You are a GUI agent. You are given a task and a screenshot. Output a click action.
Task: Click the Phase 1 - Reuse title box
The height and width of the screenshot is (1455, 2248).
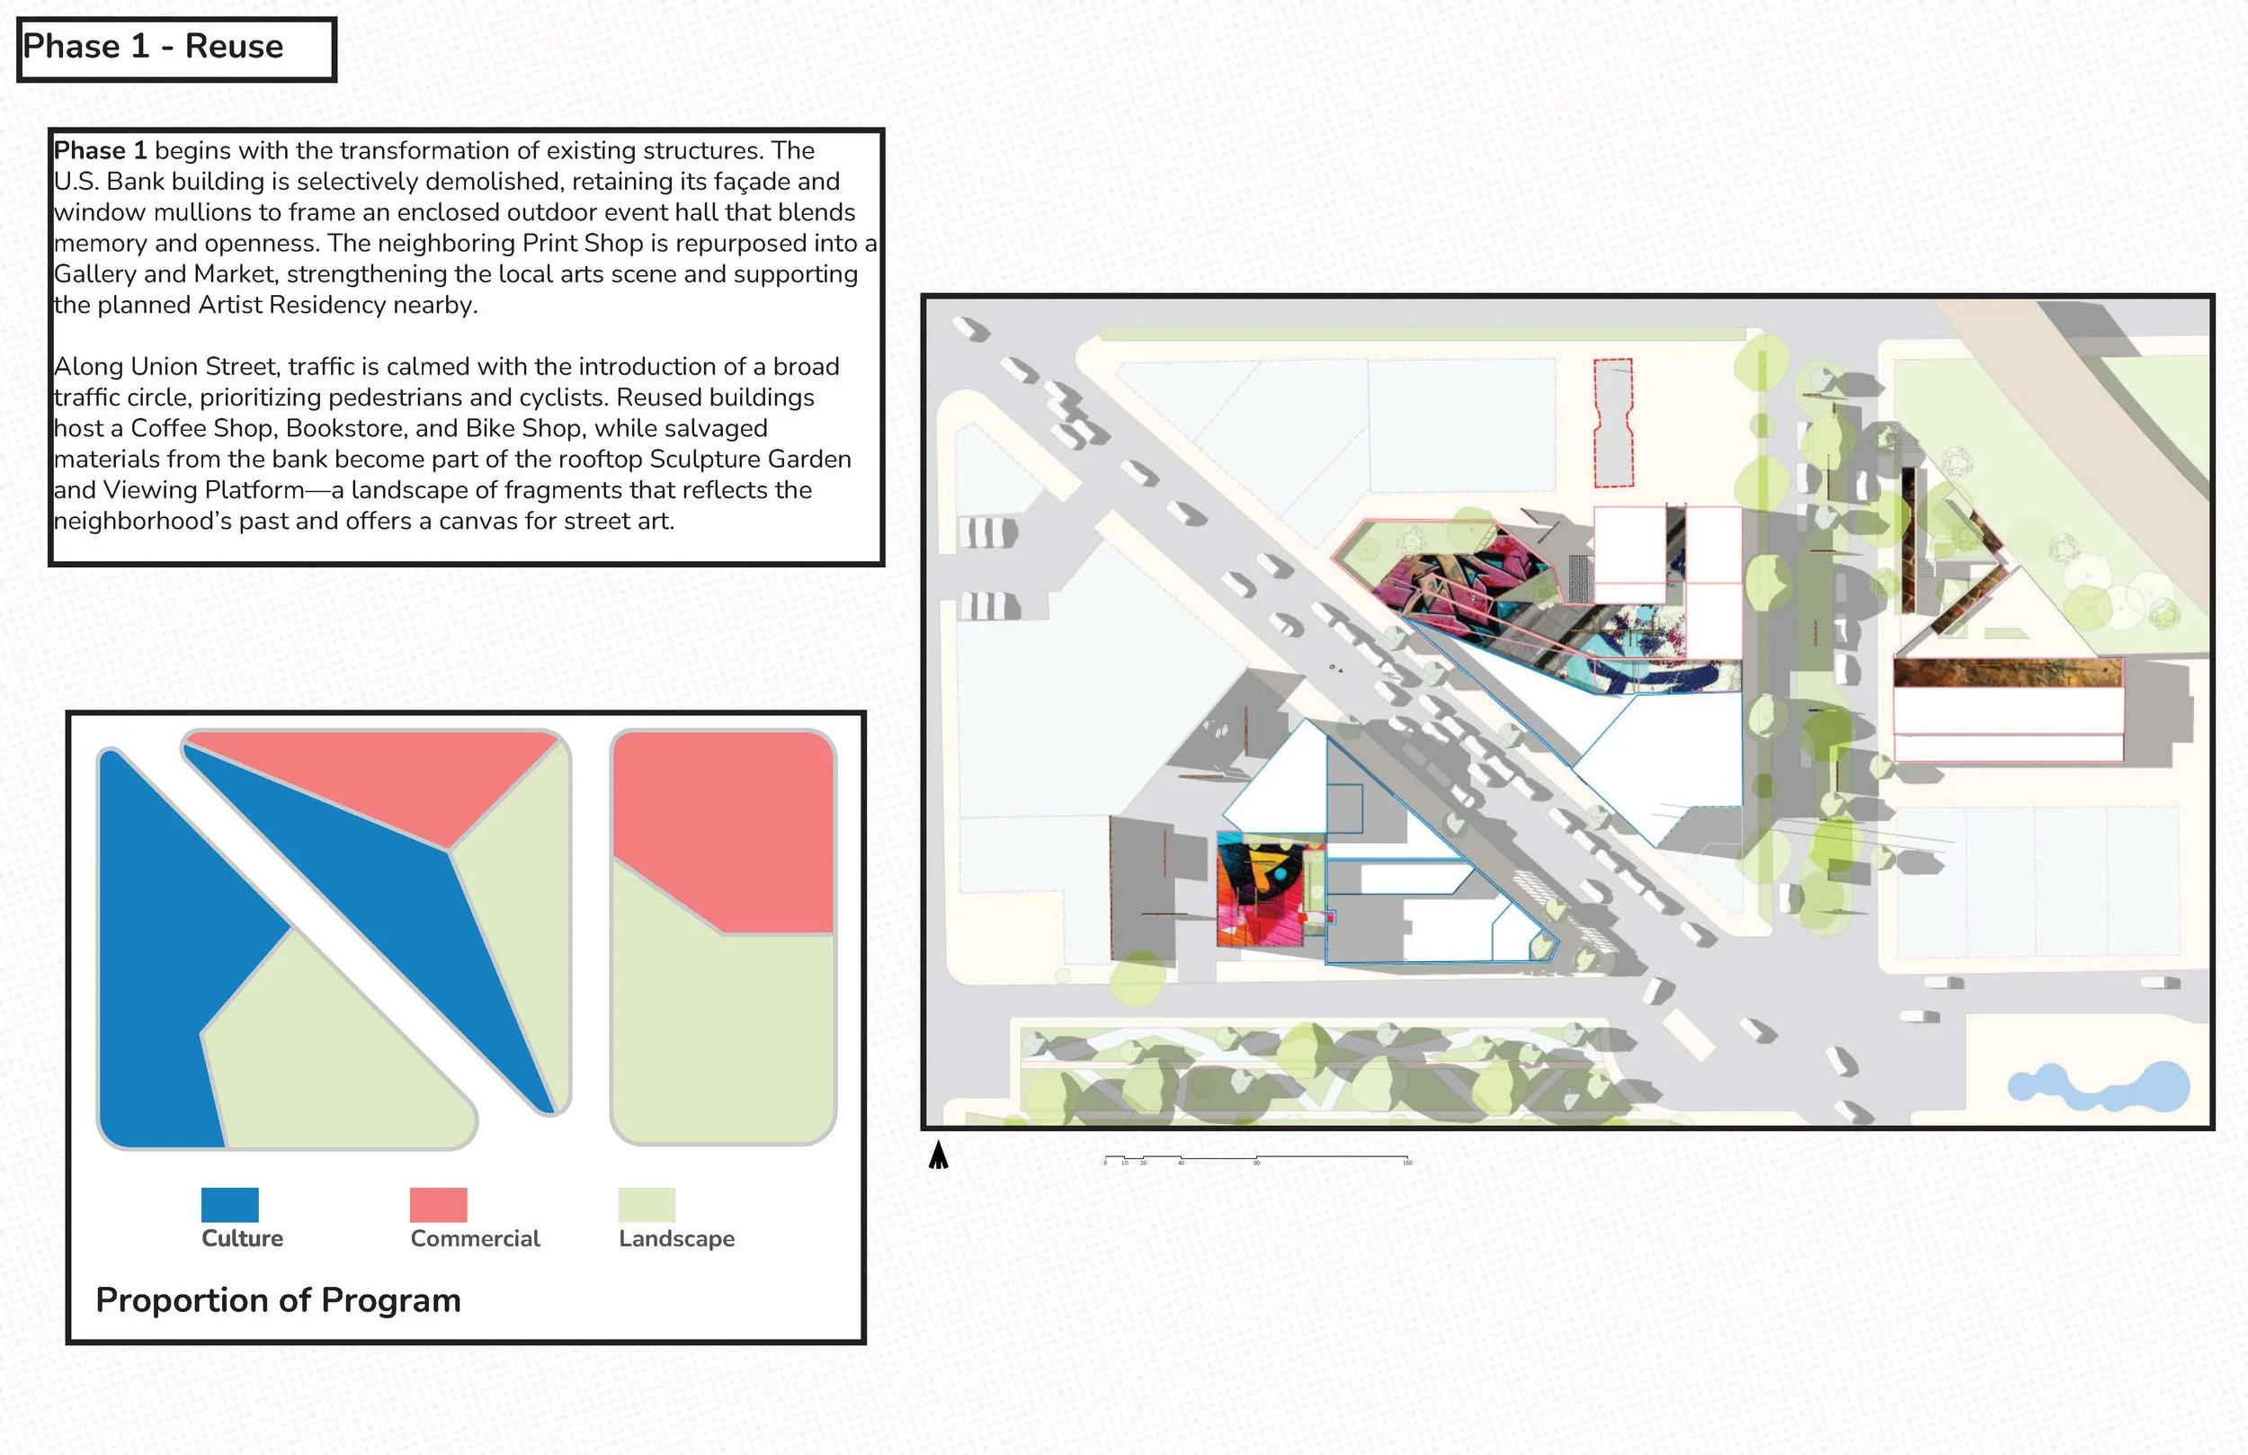(x=176, y=49)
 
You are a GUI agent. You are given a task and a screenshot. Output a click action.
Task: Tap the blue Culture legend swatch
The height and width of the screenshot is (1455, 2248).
(x=229, y=1205)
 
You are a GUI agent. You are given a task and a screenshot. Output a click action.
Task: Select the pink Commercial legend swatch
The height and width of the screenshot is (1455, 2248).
(x=438, y=1205)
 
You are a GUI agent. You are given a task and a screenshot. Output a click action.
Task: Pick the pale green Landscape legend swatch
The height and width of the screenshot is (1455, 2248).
(x=647, y=1205)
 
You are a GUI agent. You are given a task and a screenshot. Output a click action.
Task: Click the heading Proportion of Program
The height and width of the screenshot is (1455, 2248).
(x=278, y=1300)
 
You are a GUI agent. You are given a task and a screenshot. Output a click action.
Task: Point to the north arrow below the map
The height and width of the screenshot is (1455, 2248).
(x=938, y=1156)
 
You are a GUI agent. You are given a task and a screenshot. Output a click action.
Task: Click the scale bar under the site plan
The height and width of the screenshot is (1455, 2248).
(x=1256, y=1159)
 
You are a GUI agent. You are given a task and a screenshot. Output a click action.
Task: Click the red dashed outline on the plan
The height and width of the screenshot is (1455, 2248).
(x=1613, y=423)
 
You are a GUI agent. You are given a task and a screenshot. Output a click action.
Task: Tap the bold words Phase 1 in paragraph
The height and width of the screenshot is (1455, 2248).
(x=100, y=151)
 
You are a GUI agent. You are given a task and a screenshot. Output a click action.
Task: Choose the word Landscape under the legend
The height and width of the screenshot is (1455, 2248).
(x=676, y=1238)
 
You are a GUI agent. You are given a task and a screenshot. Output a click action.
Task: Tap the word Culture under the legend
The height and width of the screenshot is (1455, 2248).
(x=242, y=1238)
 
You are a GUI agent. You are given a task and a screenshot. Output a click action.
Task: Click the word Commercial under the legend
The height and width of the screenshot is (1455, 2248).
(x=475, y=1238)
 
